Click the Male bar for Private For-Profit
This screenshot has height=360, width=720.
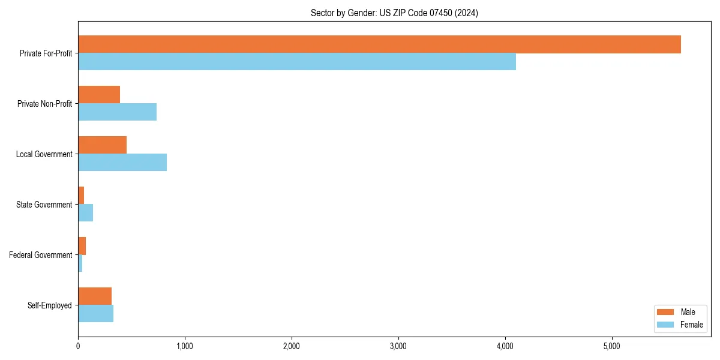tap(379, 44)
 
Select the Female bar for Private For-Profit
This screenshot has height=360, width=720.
tap(297, 62)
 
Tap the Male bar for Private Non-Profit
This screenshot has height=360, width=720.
tap(99, 95)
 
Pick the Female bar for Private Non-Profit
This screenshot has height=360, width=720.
tap(117, 112)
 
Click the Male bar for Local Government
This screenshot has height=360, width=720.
tap(102, 145)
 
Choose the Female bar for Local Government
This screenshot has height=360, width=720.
tap(122, 163)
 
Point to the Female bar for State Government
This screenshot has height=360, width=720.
tap(85, 213)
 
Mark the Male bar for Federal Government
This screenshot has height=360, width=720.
tap(82, 246)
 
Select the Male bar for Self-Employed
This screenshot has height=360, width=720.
tap(95, 296)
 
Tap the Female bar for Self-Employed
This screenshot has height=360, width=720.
tap(95, 314)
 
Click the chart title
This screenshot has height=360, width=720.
tap(394, 13)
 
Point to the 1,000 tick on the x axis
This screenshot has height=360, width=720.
tap(185, 346)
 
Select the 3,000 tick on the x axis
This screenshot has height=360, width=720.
tap(398, 346)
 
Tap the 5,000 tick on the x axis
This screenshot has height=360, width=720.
tap(612, 346)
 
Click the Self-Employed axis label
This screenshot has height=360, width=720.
tap(50, 305)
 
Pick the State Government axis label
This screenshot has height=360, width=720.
tap(44, 205)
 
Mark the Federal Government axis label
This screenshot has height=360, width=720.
tap(41, 255)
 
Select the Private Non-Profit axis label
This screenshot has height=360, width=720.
tap(45, 104)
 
